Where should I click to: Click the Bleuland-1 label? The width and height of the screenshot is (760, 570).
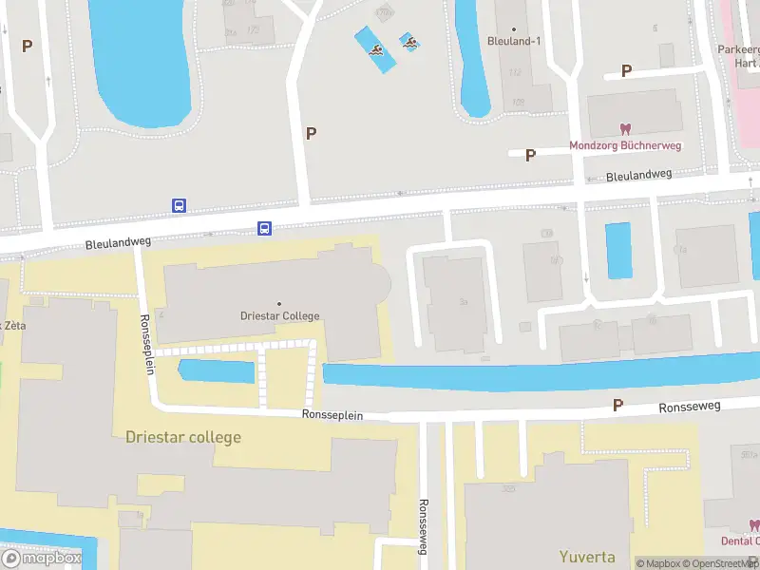[513, 41]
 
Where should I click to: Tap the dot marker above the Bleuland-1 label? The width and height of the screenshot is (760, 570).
[513, 28]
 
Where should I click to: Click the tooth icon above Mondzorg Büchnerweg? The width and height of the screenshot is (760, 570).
[625, 129]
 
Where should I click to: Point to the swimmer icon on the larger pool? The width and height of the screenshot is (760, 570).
[377, 50]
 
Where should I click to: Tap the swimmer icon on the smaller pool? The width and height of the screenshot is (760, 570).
[409, 41]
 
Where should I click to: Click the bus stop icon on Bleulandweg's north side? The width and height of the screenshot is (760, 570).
[179, 205]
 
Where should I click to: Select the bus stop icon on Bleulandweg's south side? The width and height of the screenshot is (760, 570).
[265, 228]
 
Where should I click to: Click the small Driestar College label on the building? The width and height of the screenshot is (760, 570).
[279, 316]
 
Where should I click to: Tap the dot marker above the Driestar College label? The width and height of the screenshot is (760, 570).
[279, 304]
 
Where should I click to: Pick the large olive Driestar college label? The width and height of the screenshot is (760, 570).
[183, 437]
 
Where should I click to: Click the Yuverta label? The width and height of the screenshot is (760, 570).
[586, 557]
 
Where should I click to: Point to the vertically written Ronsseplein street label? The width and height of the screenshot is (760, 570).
[147, 344]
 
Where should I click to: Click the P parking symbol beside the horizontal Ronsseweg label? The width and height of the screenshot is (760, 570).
[617, 406]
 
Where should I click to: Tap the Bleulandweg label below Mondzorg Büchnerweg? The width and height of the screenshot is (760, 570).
[638, 175]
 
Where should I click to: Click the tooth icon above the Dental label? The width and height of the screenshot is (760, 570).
[754, 524]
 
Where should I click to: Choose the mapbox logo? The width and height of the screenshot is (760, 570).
[42, 558]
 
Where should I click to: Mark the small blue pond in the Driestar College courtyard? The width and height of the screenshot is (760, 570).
[217, 370]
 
